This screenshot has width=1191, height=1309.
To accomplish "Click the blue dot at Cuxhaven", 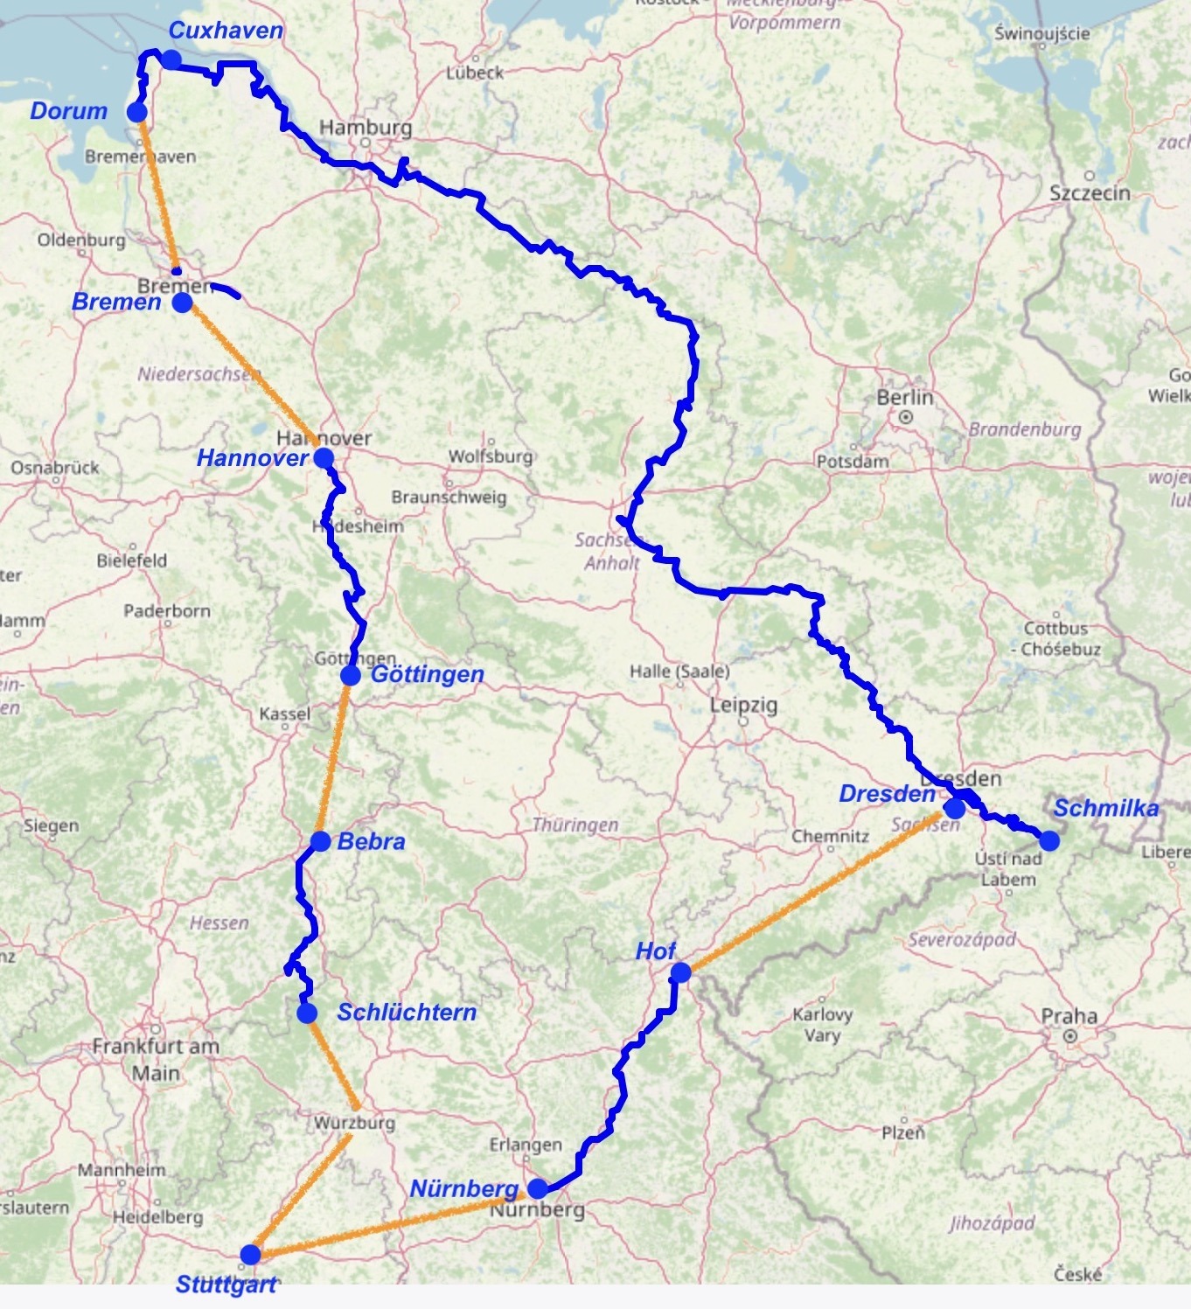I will [x=171, y=59].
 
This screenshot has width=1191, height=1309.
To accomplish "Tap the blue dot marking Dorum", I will [x=137, y=112].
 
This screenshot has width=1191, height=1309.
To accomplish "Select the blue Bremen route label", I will [x=116, y=303].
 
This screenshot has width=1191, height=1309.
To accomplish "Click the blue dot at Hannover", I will [x=324, y=457].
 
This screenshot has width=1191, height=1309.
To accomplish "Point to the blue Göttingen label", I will [x=428, y=674].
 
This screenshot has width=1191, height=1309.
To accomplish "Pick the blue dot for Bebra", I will [x=321, y=841].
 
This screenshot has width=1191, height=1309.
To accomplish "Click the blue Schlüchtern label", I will [x=407, y=1013].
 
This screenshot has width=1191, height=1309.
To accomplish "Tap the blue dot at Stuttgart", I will [x=251, y=1255].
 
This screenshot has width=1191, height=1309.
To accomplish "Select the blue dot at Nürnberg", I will [x=538, y=1188].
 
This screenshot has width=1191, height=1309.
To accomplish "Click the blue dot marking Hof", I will [x=680, y=972].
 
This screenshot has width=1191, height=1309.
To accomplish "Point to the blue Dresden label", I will [x=887, y=794].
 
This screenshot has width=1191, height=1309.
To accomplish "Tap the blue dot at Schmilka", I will [x=1049, y=841].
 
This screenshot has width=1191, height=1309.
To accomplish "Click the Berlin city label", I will [x=905, y=398].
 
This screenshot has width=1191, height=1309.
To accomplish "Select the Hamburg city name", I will [x=366, y=128].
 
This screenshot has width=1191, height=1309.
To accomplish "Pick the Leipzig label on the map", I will [x=743, y=705].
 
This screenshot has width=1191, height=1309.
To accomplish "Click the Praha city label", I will [x=1069, y=1016].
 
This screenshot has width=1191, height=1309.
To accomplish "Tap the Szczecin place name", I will [x=1090, y=193].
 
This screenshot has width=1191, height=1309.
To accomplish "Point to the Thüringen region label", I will [x=575, y=825].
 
